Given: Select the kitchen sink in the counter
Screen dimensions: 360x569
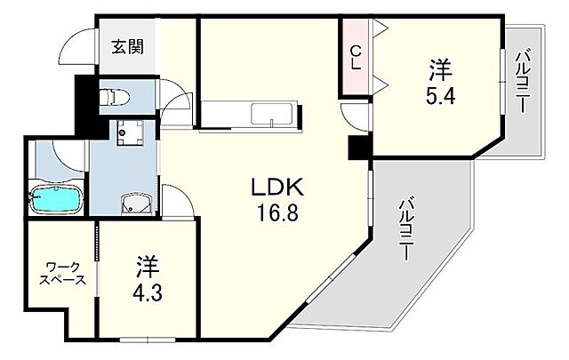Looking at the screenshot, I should pyautogui.click(x=268, y=115).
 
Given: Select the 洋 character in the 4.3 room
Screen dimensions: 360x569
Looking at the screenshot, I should pyautogui.click(x=148, y=266).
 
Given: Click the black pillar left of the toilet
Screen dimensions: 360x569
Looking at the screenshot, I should pyautogui.click(x=86, y=105).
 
